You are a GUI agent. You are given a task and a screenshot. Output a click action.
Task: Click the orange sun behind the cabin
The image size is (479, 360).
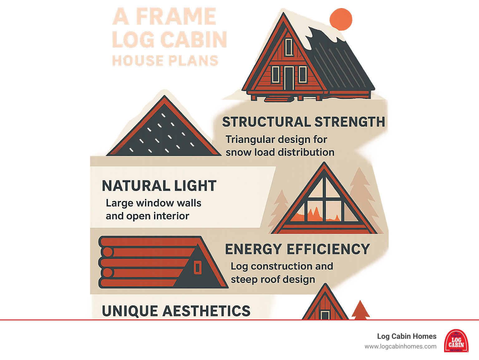[341, 19]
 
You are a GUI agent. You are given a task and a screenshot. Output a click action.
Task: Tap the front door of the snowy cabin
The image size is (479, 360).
[288, 78]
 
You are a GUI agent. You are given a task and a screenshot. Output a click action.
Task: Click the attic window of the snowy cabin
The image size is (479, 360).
[289, 47]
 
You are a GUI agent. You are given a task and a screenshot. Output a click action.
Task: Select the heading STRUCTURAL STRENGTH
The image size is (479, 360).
[303, 122]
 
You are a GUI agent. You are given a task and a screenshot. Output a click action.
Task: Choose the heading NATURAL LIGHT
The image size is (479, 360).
[159, 186]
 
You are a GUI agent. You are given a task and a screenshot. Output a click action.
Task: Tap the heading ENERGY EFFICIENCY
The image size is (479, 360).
[297, 249]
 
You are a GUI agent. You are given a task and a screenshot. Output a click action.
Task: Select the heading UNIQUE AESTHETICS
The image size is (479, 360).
[176, 311]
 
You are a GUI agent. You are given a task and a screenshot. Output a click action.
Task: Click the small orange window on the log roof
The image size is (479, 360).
[198, 268]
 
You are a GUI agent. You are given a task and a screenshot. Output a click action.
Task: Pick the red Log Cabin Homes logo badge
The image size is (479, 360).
[456, 341]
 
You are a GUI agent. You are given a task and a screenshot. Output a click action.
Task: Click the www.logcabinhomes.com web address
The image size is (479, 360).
[400, 347]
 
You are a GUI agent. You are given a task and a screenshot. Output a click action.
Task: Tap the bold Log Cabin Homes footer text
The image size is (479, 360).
[407, 336]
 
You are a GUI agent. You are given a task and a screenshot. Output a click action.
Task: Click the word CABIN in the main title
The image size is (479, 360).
[193, 40]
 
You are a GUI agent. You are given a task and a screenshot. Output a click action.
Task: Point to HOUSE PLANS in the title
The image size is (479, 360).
[165, 61]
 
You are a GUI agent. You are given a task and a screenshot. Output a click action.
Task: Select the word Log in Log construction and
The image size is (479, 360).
[239, 267]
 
